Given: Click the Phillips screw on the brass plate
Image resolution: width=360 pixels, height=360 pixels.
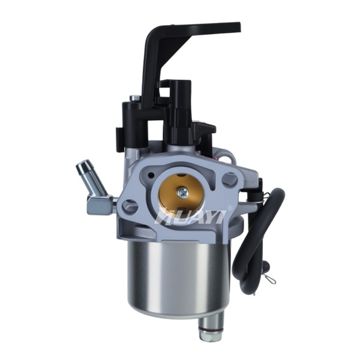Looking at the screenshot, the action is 183,191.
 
